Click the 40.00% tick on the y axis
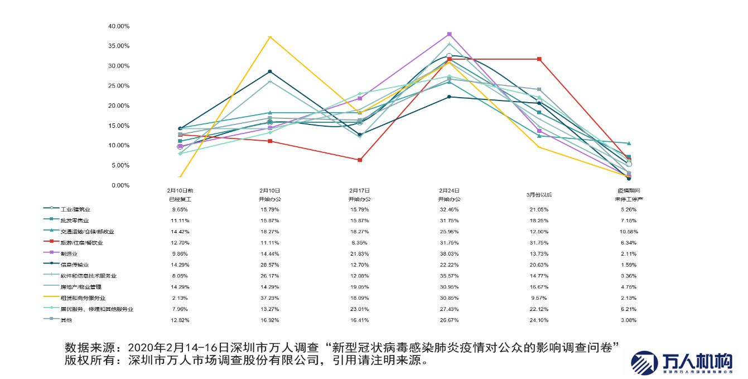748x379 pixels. [118, 26]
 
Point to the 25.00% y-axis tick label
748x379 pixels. [118, 86]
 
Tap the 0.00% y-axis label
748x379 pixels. [120, 185]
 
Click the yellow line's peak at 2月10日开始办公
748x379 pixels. [270, 37]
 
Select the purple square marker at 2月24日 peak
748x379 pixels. [450, 35]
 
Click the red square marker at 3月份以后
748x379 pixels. [539, 59]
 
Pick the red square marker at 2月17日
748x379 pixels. [360, 160]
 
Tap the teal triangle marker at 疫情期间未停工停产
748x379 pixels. [629, 143]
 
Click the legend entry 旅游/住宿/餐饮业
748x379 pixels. [81, 243]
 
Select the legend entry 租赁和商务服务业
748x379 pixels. [83, 298]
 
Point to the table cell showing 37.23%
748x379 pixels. [270, 298]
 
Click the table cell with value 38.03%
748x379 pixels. [449, 254]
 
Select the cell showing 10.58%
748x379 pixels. [629, 232]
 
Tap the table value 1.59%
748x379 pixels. [629, 265]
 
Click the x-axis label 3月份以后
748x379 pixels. [539, 195]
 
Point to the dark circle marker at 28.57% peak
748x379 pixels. [270, 71]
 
